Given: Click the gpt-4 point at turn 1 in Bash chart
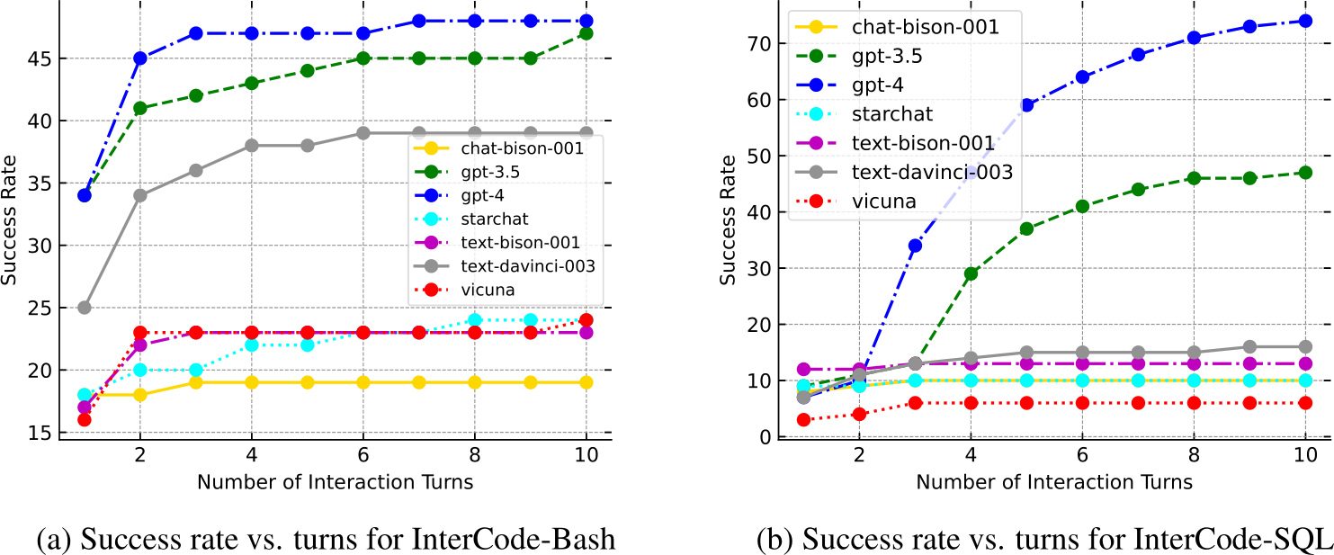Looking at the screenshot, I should point(85,194).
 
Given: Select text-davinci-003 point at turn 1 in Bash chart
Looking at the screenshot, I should point(85,308).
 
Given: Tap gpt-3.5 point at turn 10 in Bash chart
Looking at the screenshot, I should point(586,33).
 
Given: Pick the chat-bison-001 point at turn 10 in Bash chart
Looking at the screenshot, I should point(586,382).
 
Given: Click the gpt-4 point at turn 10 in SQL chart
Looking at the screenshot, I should point(1305,21).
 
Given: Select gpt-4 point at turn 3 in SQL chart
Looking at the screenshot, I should point(915,246).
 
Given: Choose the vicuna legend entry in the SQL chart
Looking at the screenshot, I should point(885,201).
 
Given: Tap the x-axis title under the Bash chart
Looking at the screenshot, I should point(335,482).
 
